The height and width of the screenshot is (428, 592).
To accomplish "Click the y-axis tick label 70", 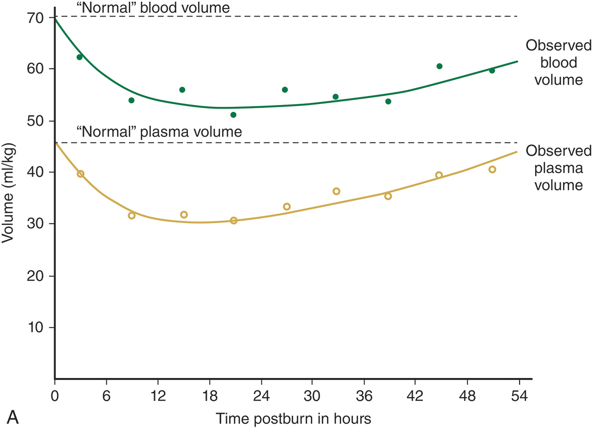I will pyautogui.click(x=35, y=17).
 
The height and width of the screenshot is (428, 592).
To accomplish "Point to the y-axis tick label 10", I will pyautogui.click(x=35, y=328).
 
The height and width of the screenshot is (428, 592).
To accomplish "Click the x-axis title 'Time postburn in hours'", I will pyautogui.click(x=293, y=418).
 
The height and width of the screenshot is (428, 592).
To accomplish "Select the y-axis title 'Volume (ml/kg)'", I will pyautogui.click(x=9, y=192).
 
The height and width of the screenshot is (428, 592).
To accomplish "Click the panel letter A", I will pyautogui.click(x=13, y=417).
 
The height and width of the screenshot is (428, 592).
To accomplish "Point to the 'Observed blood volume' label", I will pyautogui.click(x=558, y=63).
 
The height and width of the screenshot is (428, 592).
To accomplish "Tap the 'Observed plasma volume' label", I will pyautogui.click(x=558, y=168).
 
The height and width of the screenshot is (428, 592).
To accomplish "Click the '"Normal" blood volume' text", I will pyautogui.click(x=154, y=7).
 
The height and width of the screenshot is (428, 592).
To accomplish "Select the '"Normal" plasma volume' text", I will pyautogui.click(x=159, y=132).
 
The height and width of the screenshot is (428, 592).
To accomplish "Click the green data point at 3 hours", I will pyautogui.click(x=79, y=57).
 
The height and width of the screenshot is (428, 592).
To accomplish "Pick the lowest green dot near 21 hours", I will pyautogui.click(x=233, y=115).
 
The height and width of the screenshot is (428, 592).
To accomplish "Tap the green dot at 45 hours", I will pyautogui.click(x=439, y=66).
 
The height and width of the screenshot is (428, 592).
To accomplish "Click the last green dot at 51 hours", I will pyautogui.click(x=492, y=71).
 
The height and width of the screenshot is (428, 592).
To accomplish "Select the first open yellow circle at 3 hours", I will pyautogui.click(x=81, y=174).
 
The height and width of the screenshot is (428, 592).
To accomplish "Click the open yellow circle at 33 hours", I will pyautogui.click(x=336, y=191).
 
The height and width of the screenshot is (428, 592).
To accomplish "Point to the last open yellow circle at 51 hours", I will pyautogui.click(x=492, y=170).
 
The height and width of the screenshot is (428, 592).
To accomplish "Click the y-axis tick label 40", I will pyautogui.click(x=35, y=172).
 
